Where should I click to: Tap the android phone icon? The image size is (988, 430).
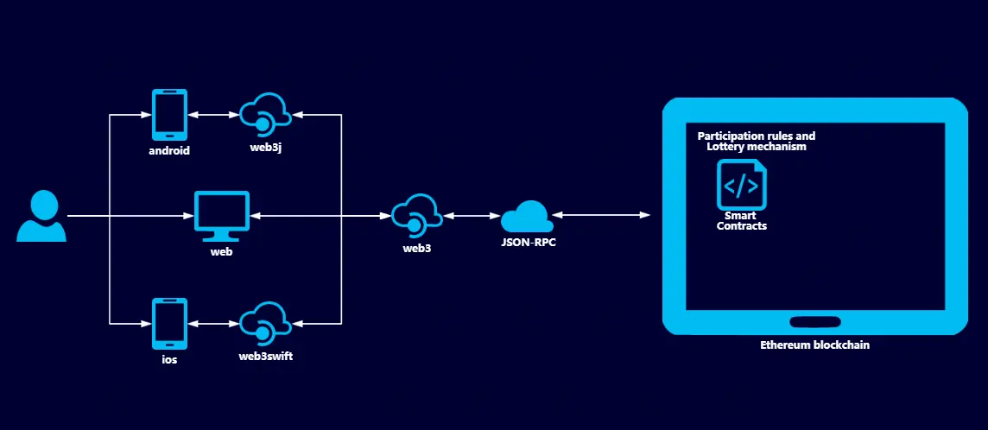169,115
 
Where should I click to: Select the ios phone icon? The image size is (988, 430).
169,323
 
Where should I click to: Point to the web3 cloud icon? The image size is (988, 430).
416,214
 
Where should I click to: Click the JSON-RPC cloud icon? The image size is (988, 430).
527,216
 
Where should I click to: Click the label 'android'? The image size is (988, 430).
169,150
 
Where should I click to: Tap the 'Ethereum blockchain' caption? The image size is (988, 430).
814,345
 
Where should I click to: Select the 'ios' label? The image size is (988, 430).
169,359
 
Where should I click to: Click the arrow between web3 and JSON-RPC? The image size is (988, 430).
472,215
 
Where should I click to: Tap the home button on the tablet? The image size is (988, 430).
814,321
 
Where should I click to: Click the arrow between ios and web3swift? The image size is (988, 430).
213,323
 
